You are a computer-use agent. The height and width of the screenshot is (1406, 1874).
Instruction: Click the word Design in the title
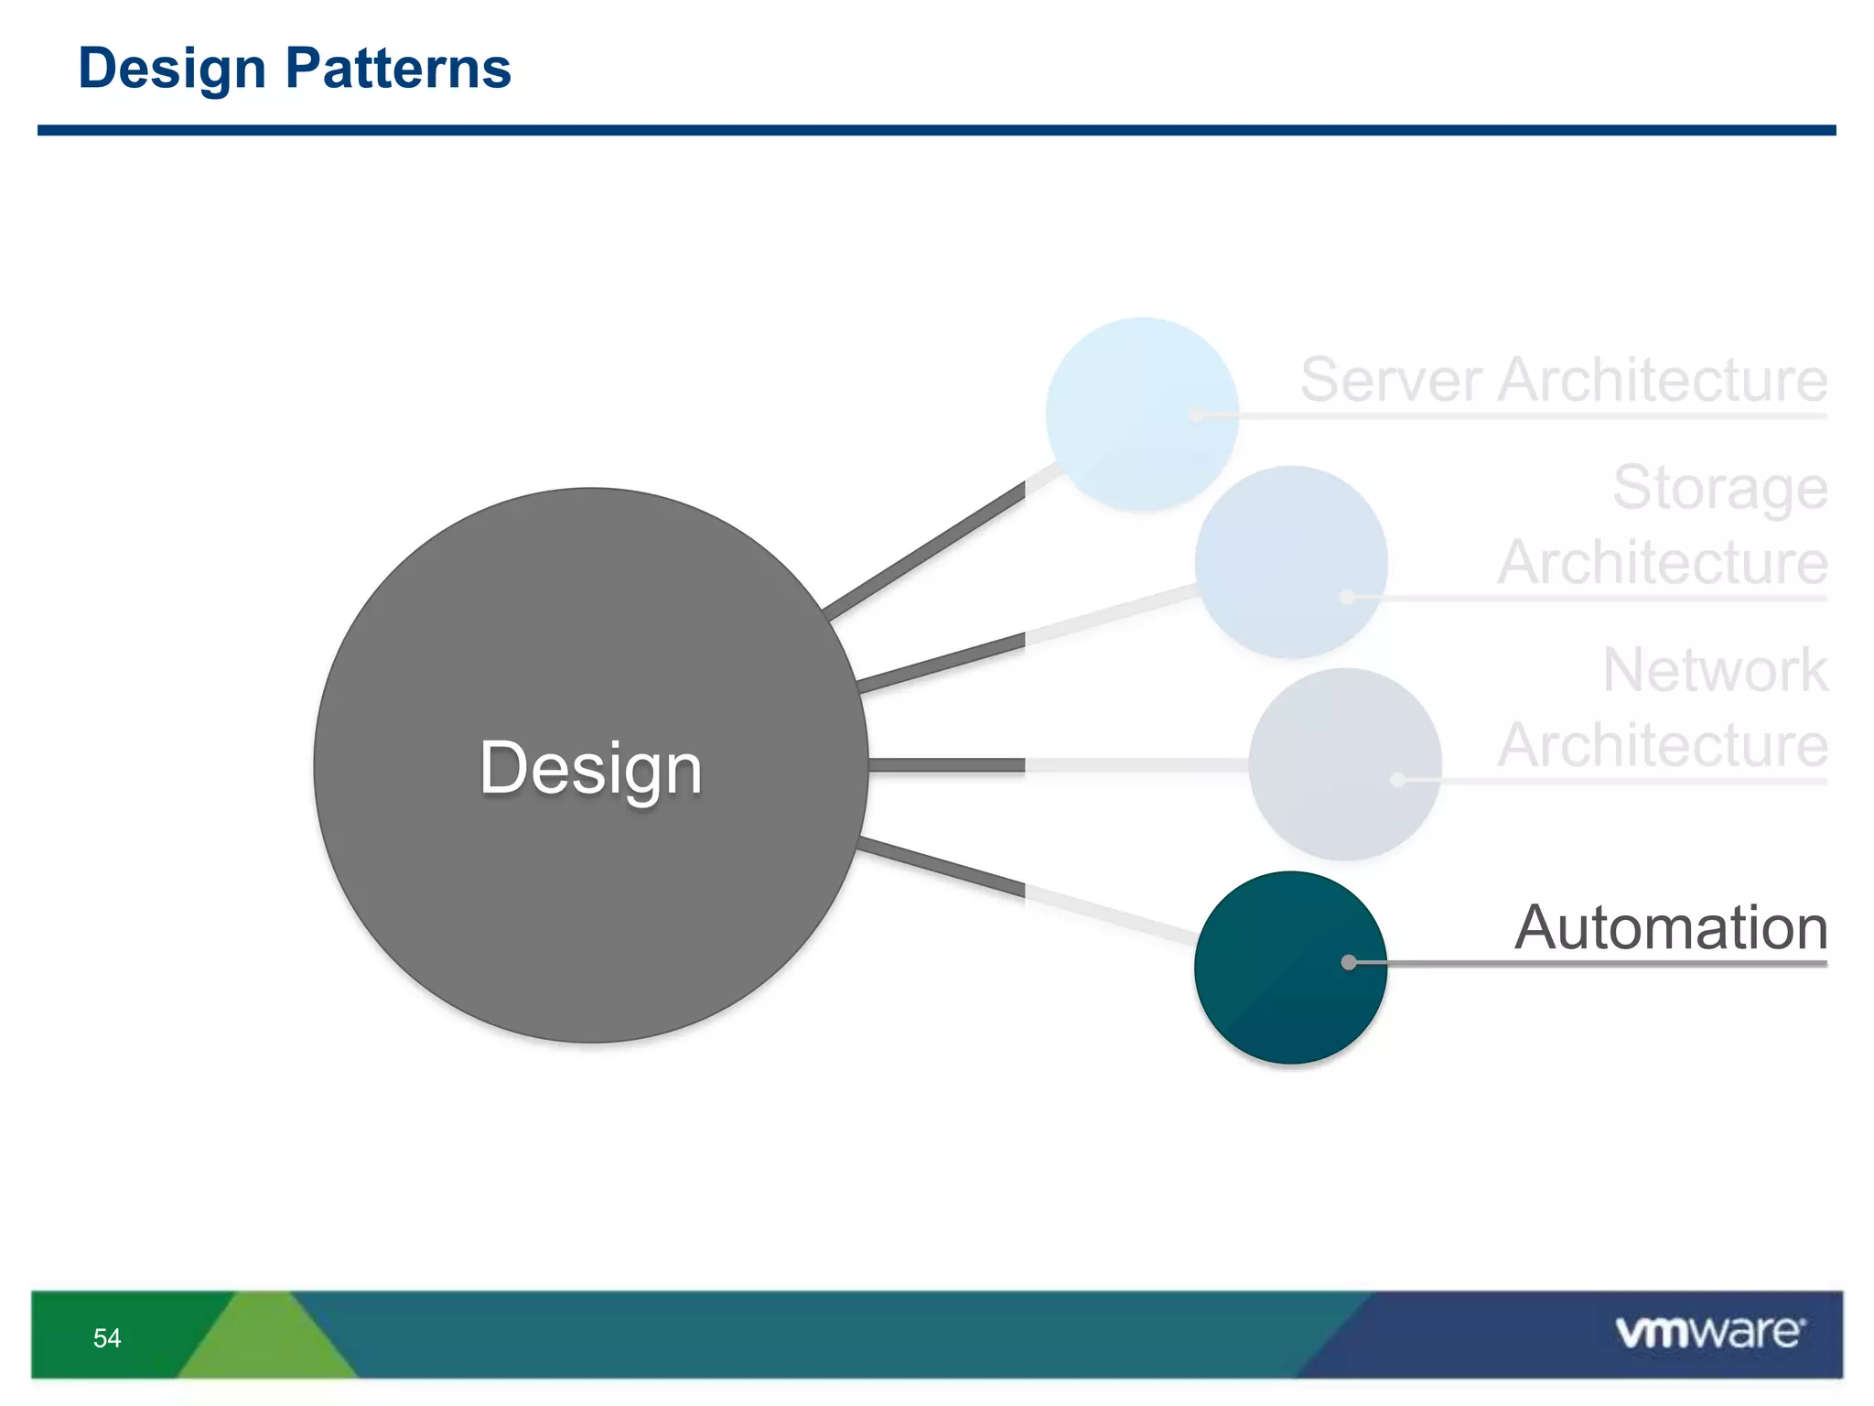click(172, 69)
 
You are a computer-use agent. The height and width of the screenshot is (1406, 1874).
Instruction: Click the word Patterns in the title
click(398, 69)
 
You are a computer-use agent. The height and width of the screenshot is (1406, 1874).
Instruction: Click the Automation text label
click(1671, 927)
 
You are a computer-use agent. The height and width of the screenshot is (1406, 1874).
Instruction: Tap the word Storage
click(1719, 488)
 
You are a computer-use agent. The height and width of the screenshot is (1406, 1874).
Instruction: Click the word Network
click(1715, 670)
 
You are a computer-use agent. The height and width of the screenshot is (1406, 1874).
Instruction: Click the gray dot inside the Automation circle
click(1349, 962)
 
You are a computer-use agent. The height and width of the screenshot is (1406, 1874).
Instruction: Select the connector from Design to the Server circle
click(924, 551)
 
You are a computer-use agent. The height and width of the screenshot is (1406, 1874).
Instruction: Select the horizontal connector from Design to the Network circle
click(947, 764)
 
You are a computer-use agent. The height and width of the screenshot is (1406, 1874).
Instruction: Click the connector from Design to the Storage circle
click(942, 663)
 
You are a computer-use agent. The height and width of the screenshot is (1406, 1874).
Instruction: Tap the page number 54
click(107, 1338)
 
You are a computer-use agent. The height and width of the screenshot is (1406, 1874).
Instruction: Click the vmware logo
click(1709, 1332)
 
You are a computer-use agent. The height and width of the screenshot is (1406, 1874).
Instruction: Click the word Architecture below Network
click(1662, 745)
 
